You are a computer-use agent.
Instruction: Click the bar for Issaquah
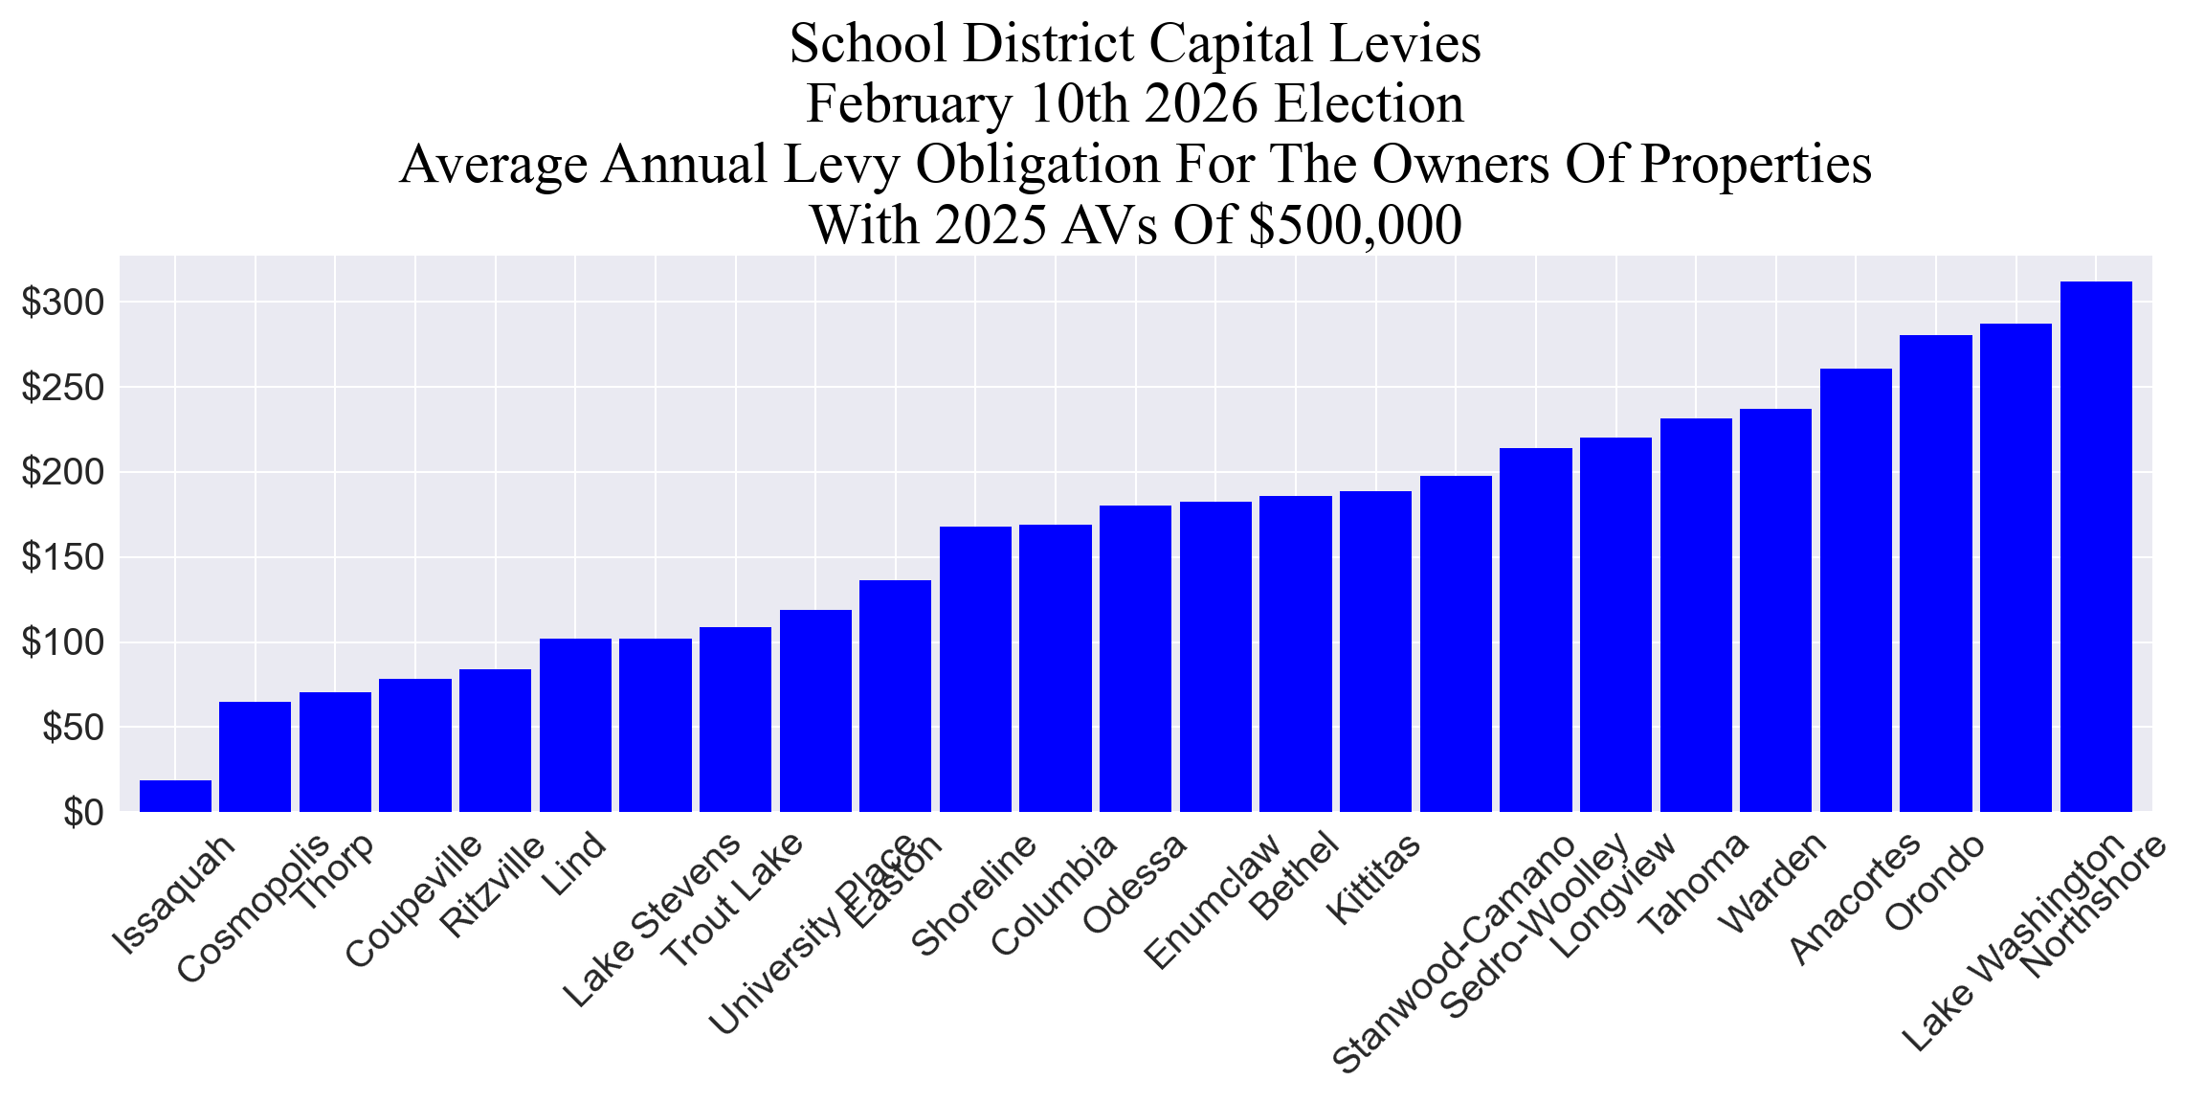point(175,796)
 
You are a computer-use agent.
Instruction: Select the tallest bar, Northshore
point(2096,546)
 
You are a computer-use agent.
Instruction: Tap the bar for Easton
point(895,696)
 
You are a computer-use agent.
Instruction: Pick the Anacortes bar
point(1856,590)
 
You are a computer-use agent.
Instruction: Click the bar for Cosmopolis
point(255,756)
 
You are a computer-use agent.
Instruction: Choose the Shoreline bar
point(975,668)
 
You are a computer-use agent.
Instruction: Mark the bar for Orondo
point(1935,573)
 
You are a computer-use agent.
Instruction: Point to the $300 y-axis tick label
point(63,304)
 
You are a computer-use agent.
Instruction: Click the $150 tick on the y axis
point(63,558)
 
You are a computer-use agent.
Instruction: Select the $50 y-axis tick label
point(73,728)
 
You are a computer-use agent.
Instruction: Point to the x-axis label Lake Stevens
point(651,920)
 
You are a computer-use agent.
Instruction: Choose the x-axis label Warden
point(1773,882)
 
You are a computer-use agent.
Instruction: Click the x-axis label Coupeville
point(413,901)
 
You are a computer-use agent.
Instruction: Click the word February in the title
point(906,104)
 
